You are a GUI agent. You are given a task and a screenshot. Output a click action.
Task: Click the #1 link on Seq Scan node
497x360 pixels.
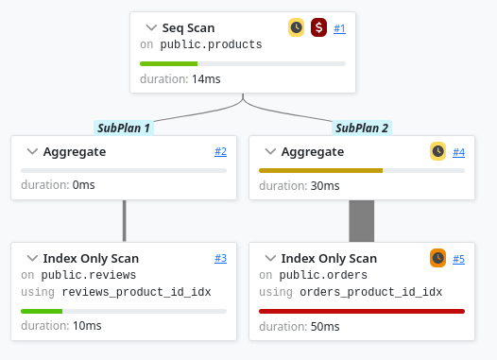point(339,28)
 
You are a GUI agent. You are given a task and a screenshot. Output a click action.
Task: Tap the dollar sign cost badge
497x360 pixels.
point(318,28)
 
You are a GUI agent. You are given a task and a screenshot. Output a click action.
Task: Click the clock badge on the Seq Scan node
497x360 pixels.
point(297,28)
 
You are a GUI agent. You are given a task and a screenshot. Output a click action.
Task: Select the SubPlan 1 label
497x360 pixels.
point(124,128)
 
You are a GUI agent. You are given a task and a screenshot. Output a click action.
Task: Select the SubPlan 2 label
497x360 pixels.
point(362,128)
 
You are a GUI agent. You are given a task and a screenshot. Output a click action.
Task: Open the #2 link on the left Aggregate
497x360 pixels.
point(220,151)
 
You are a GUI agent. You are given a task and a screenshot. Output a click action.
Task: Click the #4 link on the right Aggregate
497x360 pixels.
point(458,151)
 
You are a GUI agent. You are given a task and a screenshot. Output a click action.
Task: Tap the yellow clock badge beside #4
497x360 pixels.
point(437,151)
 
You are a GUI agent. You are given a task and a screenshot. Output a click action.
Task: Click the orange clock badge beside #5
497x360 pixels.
point(437,258)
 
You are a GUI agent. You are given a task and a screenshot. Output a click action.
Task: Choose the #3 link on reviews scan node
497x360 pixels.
point(220,258)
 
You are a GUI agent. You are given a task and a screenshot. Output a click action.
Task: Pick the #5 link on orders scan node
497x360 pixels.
point(458,258)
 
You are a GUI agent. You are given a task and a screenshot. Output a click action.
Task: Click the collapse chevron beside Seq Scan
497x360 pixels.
point(152,28)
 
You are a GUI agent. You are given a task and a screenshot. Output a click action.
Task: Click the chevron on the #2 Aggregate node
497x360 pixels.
point(32,151)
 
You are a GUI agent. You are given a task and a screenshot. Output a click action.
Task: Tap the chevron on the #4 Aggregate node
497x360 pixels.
point(270,151)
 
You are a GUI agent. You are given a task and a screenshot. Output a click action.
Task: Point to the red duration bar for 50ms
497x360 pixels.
point(362,310)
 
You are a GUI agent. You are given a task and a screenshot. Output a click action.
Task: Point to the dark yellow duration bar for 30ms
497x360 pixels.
point(320,170)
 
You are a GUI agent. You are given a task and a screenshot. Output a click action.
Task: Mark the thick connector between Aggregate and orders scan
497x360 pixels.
point(362,220)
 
